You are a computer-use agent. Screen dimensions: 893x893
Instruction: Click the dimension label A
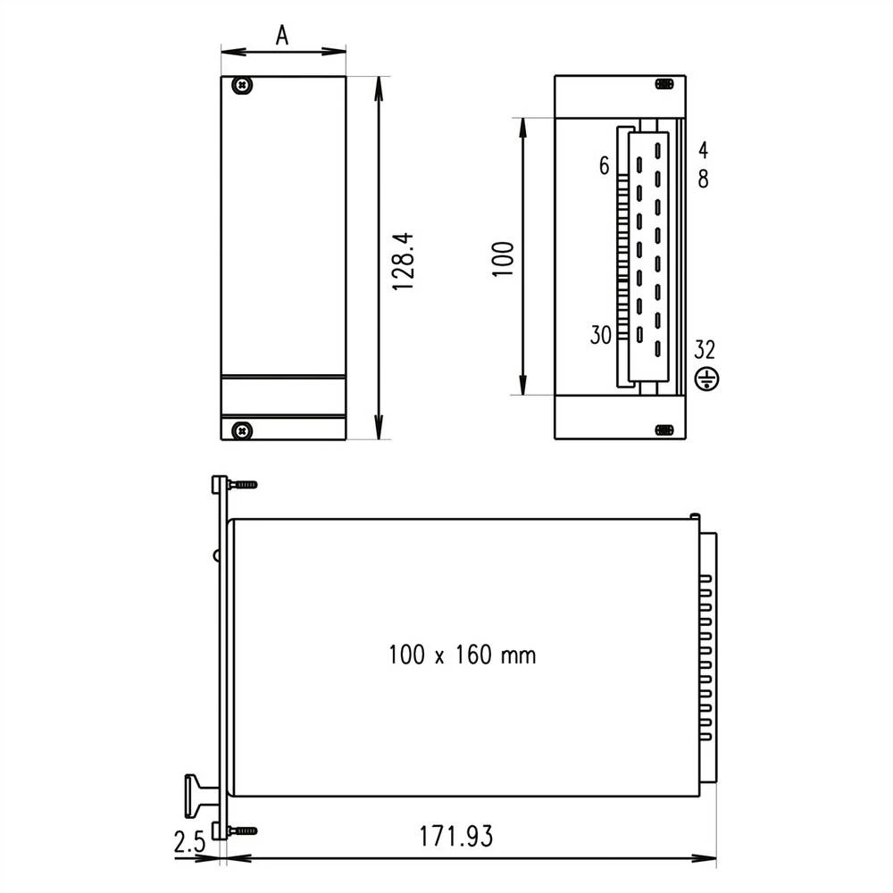(x=282, y=35)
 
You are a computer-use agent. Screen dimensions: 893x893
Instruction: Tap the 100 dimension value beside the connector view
(x=505, y=258)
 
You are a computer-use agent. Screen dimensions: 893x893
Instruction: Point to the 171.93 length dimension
(x=455, y=837)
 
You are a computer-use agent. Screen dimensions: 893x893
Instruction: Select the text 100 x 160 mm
(x=462, y=655)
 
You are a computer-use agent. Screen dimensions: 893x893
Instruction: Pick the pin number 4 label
(x=704, y=149)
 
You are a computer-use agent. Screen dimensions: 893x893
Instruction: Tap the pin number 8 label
(x=704, y=179)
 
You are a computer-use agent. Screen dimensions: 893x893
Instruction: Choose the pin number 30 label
(x=600, y=336)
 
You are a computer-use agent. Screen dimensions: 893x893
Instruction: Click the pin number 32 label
(x=705, y=349)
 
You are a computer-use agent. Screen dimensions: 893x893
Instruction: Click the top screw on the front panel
(x=241, y=86)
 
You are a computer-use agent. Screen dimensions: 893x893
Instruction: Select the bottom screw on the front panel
(x=241, y=430)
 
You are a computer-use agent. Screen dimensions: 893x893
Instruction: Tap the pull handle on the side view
(x=197, y=795)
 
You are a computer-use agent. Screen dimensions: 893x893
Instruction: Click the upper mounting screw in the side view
(x=242, y=485)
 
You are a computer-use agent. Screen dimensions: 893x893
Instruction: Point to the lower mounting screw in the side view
(x=242, y=830)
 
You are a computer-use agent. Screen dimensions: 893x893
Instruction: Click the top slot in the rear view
(x=663, y=84)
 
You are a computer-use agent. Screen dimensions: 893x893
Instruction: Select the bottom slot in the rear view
(x=663, y=430)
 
